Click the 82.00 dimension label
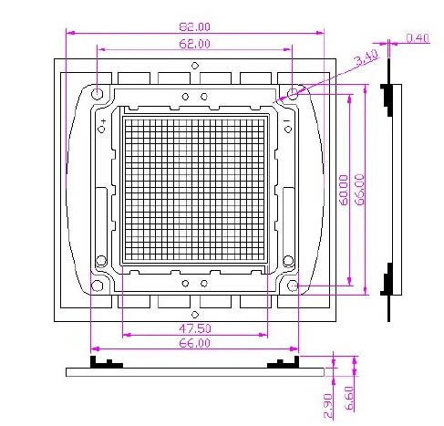[194, 26]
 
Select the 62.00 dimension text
[194, 44]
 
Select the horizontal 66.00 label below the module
[194, 343]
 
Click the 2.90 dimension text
[329, 405]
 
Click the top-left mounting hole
[98, 93]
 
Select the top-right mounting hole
[293, 93]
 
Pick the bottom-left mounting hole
[98, 286]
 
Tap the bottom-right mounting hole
[293, 286]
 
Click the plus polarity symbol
[104, 121]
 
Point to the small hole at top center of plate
[195, 65]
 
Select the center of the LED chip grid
[195, 190]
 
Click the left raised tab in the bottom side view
[106, 364]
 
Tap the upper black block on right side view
[387, 97]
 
